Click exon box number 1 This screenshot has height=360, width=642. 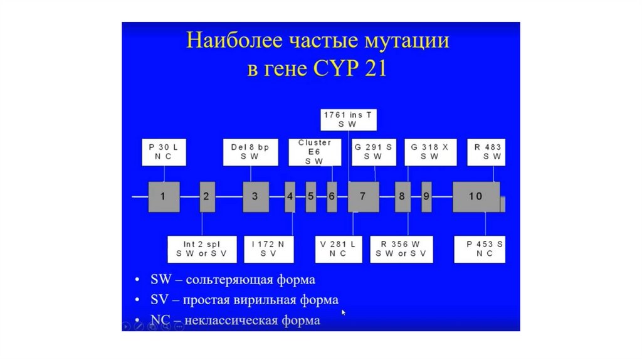(x=164, y=197)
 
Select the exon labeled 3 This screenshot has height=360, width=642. (x=255, y=197)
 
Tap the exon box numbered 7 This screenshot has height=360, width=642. (x=363, y=197)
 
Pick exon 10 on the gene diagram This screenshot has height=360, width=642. (x=476, y=197)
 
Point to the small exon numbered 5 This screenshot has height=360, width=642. (x=310, y=197)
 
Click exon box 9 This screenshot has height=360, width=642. (x=426, y=197)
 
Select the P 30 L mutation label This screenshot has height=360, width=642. (x=164, y=152)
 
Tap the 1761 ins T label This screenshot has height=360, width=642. (x=347, y=119)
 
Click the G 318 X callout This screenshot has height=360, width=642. (x=429, y=152)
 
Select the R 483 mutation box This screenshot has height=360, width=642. (x=488, y=152)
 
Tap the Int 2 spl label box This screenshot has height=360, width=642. (x=201, y=248)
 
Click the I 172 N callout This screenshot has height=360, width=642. (x=268, y=248)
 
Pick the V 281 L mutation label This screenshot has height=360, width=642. (x=338, y=248)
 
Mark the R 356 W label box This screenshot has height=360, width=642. (x=401, y=248)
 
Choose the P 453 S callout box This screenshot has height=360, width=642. (x=480, y=248)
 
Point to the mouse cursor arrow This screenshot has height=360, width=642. (x=344, y=311)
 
